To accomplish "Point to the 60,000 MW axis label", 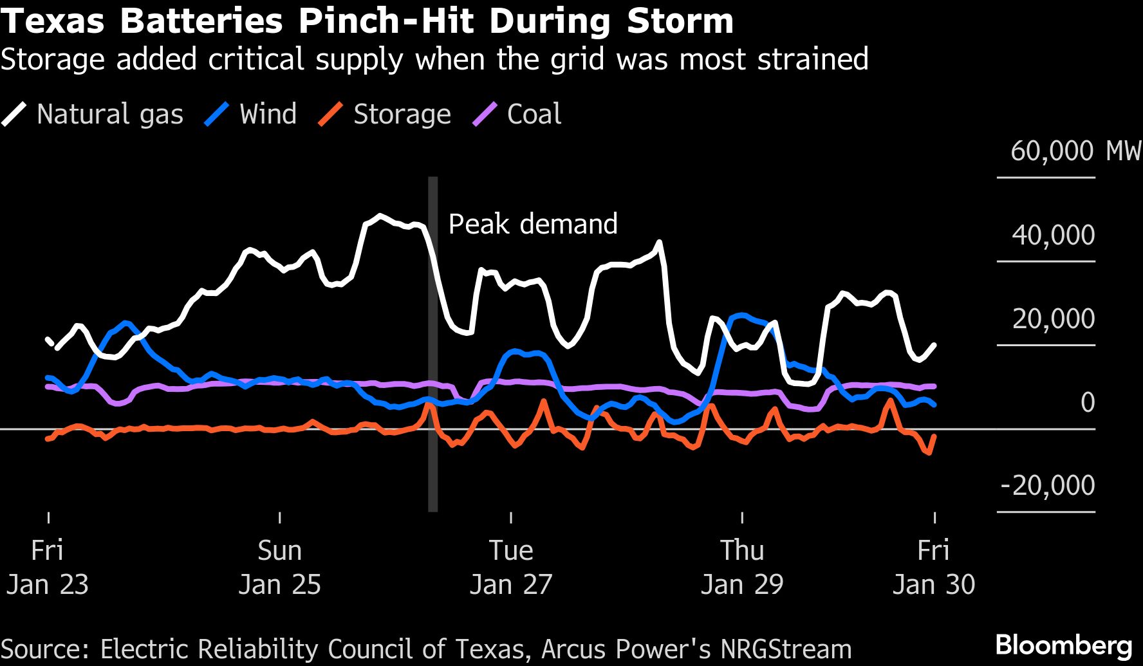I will tap(1075, 151).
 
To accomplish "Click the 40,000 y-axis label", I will tap(1053, 236).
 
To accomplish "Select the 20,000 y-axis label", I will tap(1053, 319).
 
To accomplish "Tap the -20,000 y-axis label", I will tap(1047, 485).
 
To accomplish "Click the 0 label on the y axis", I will tap(1087, 402).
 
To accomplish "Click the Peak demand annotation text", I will tap(533, 224).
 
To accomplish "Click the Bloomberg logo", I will tap(1064, 645).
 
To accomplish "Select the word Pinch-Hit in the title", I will tap(386, 21).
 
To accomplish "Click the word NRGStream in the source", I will tap(786, 649).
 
